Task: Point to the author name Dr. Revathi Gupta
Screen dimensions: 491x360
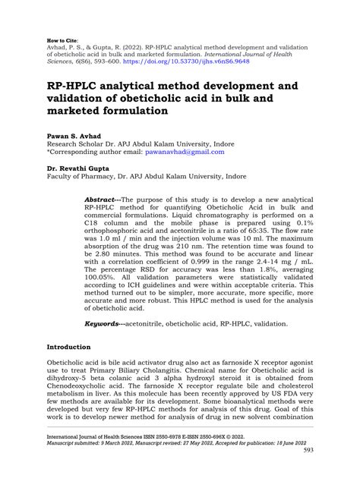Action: click(81, 168)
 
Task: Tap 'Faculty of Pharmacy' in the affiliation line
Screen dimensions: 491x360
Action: click(80, 177)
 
